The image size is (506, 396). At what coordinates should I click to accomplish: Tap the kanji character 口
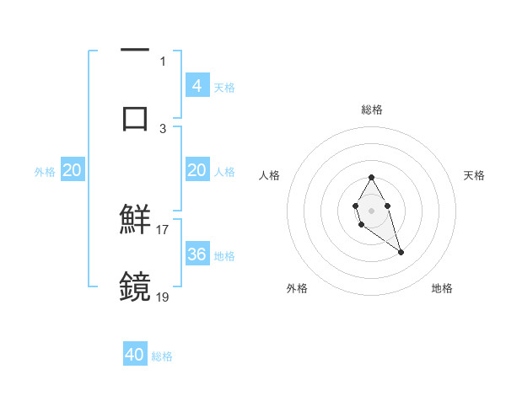pyautogui.click(x=136, y=117)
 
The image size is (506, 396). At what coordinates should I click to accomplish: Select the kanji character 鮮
pyautogui.click(x=136, y=219)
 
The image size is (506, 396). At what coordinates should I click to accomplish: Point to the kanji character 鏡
pyautogui.click(x=136, y=286)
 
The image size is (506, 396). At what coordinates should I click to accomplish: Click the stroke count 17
pyautogui.click(x=163, y=229)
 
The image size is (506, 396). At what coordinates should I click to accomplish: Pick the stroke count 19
pyautogui.click(x=163, y=297)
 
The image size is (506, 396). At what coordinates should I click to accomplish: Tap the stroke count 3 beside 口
pyautogui.click(x=163, y=128)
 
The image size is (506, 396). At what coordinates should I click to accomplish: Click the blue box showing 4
pyautogui.click(x=196, y=86)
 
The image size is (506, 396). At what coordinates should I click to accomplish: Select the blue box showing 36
pyautogui.click(x=196, y=254)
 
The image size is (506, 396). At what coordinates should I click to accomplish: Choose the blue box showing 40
pyautogui.click(x=135, y=355)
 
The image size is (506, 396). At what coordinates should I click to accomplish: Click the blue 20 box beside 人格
pyautogui.click(x=196, y=170)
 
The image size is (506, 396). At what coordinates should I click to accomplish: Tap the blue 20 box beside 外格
pyautogui.click(x=73, y=170)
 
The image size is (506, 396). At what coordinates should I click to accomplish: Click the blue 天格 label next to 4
pyautogui.click(x=224, y=88)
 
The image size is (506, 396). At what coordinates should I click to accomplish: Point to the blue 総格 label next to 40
pyautogui.click(x=163, y=356)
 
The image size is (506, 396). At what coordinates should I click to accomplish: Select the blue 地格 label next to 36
pyautogui.click(x=224, y=256)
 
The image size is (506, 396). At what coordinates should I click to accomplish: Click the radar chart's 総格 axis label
pyautogui.click(x=372, y=110)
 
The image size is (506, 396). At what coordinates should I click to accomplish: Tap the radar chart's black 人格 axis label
pyautogui.click(x=270, y=175)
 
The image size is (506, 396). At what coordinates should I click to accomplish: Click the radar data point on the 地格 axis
pyautogui.click(x=401, y=252)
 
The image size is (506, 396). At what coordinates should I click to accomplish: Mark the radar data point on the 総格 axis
pyautogui.click(x=372, y=177)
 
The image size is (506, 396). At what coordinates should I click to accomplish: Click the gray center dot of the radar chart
pyautogui.click(x=372, y=209)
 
